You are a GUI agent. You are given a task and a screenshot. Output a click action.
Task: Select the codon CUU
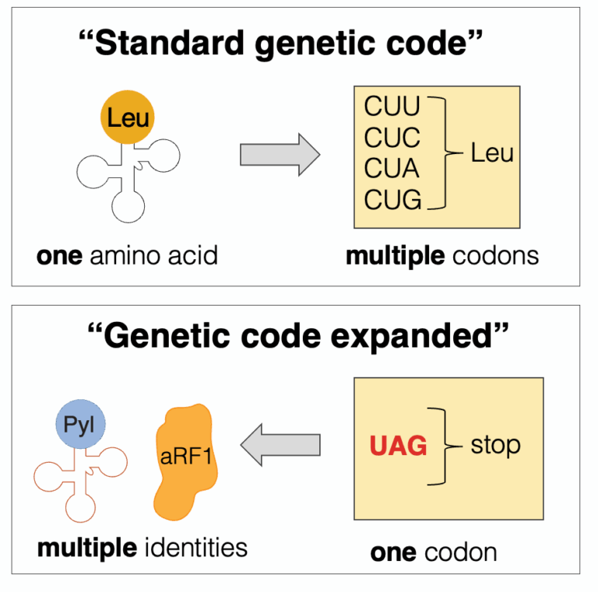point(392,107)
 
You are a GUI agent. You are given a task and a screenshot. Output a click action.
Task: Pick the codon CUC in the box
point(392,138)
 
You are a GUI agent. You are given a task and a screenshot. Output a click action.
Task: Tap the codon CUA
point(392,169)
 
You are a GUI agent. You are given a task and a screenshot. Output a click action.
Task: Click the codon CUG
point(392,200)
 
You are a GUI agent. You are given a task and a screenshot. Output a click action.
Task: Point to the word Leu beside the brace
point(492,152)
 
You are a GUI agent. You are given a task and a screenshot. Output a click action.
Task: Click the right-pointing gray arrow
point(280,154)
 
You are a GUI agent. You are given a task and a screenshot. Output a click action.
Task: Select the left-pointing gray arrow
point(280,446)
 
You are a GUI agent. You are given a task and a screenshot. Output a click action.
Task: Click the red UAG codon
point(398,447)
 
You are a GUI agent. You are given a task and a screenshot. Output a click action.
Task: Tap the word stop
point(496,446)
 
